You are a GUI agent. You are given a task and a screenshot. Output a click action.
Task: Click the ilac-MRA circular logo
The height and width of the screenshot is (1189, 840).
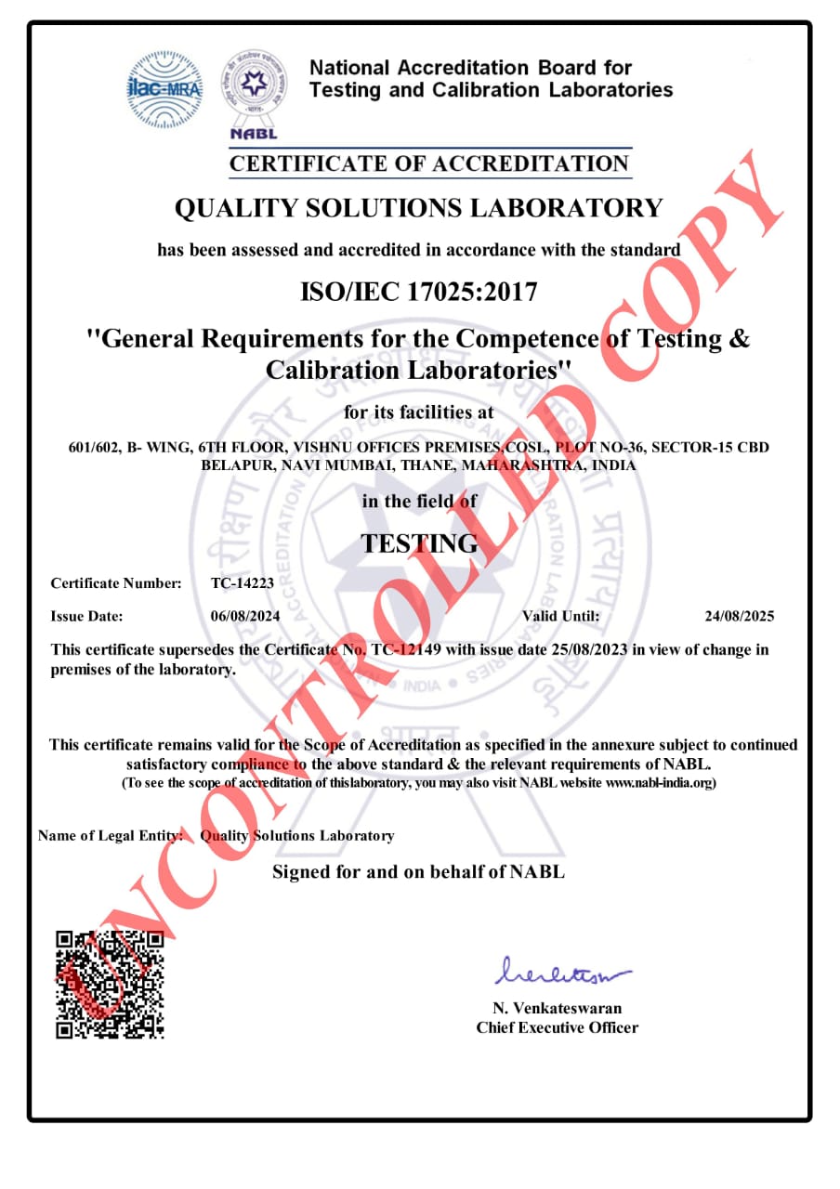(x=164, y=89)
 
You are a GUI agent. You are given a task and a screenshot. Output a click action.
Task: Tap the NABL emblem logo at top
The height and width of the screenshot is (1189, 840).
(x=253, y=91)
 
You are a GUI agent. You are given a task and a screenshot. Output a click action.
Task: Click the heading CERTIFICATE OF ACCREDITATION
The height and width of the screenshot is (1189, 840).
(x=429, y=164)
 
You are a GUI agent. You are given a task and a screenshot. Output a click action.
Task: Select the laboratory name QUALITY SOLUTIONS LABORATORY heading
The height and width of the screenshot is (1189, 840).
(x=419, y=208)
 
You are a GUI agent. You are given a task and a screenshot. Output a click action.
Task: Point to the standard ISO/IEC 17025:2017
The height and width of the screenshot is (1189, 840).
(x=419, y=293)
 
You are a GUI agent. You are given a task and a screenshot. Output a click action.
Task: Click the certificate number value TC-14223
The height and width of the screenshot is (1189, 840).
(x=243, y=583)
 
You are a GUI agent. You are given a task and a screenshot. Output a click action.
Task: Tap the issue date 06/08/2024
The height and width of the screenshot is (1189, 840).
(x=245, y=616)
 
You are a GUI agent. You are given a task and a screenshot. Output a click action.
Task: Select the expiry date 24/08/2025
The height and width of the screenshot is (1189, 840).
(x=740, y=616)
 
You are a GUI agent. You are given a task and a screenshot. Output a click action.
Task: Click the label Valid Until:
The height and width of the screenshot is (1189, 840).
(x=560, y=616)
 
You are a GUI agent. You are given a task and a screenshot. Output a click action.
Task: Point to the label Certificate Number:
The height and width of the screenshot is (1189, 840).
(x=116, y=583)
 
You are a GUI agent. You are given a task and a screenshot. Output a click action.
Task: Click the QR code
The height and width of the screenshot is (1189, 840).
(x=111, y=983)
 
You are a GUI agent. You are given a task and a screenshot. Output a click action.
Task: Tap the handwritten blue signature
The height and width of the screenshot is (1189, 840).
(x=561, y=973)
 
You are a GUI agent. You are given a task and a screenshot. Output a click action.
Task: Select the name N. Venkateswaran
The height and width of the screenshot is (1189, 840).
(x=558, y=1008)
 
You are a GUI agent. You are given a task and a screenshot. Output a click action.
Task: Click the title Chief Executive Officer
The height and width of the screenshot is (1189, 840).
(x=558, y=1027)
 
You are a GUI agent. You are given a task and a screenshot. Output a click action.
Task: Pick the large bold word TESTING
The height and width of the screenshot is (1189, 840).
(x=419, y=543)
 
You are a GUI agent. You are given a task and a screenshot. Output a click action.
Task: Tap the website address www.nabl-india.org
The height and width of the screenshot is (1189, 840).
(x=659, y=783)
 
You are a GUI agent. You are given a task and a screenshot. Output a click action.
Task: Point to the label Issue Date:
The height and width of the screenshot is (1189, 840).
(x=86, y=616)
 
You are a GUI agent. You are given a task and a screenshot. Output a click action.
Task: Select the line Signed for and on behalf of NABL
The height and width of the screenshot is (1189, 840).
(x=418, y=871)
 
